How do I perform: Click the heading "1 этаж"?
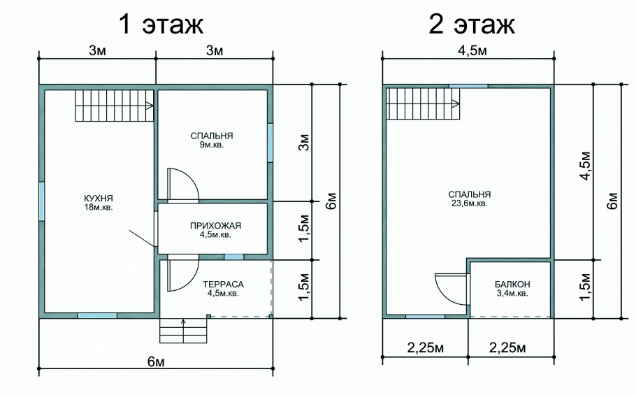(x=161, y=24)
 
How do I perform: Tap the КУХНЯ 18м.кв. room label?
(x=98, y=203)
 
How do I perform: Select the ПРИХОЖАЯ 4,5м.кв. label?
(x=215, y=230)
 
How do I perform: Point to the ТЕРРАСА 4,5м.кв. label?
(x=222, y=289)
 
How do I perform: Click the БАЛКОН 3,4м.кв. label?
(x=512, y=288)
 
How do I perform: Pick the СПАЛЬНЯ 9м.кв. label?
(x=211, y=140)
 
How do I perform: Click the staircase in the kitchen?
(x=114, y=106)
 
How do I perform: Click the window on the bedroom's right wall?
(x=270, y=143)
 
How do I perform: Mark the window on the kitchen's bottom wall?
(x=97, y=316)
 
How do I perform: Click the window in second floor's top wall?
(x=468, y=86)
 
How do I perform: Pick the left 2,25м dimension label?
(x=425, y=348)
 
